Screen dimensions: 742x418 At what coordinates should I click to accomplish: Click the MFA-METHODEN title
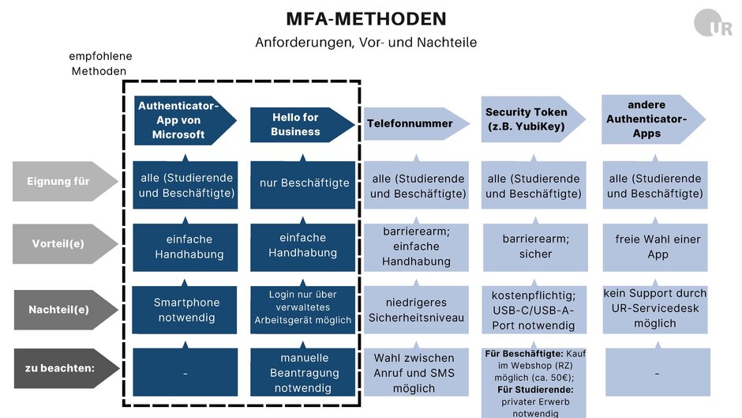[x=366, y=19]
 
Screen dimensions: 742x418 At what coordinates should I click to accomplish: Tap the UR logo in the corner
[x=713, y=23]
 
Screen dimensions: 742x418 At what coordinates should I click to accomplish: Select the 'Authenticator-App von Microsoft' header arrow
[x=185, y=120]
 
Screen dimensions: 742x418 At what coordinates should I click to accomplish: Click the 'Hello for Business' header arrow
[x=302, y=125]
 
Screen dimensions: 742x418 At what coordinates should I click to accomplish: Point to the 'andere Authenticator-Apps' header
[x=654, y=119]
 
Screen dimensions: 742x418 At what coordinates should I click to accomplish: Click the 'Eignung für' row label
[x=65, y=181]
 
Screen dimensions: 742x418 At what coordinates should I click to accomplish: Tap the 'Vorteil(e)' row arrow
[x=65, y=243]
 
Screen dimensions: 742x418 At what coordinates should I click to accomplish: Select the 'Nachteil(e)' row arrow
[x=66, y=310]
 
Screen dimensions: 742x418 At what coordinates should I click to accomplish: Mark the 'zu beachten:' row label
[x=66, y=368]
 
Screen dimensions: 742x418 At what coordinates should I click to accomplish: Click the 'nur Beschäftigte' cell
[x=303, y=184]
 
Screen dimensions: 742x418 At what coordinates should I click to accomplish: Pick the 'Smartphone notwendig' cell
[x=185, y=310]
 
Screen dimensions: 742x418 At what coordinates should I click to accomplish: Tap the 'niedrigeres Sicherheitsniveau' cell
[x=416, y=310]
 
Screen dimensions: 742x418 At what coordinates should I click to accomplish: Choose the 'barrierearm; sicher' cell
[x=535, y=247]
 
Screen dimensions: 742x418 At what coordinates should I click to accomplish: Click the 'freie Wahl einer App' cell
[x=655, y=247]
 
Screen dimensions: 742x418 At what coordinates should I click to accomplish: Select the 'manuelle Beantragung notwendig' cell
[x=303, y=372]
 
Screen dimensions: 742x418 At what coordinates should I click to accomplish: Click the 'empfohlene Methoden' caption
[x=99, y=63]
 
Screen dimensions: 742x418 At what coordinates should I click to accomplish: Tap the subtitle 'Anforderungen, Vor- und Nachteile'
[x=365, y=42]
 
